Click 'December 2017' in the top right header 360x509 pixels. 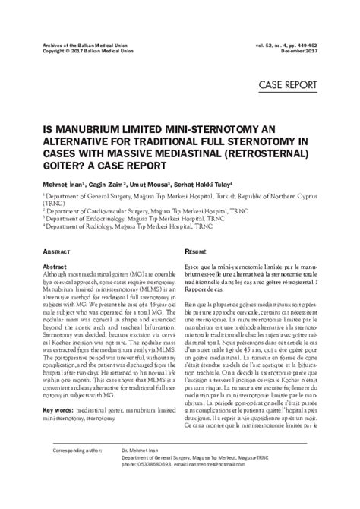click(317, 52)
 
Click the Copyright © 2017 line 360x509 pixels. click(70, 52)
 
